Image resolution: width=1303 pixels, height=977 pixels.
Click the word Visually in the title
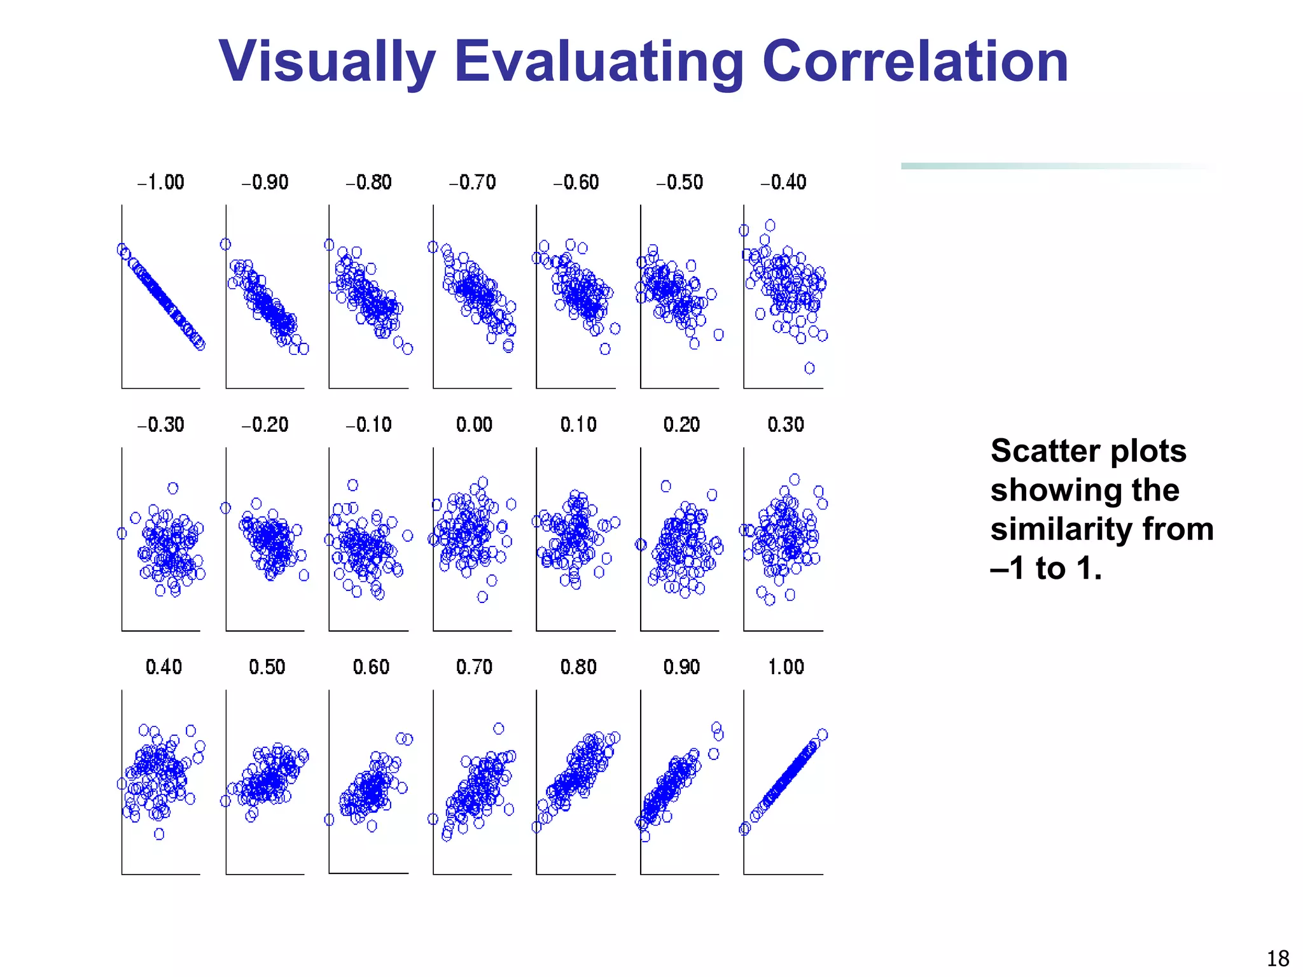click(326, 62)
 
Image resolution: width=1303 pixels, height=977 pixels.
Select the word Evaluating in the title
click(599, 62)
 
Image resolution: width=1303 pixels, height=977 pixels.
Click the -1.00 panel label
click(160, 183)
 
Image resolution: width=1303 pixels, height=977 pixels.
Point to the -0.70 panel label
click(472, 183)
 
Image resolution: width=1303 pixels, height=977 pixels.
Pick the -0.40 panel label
click(783, 183)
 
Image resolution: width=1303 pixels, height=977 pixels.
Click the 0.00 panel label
click(474, 425)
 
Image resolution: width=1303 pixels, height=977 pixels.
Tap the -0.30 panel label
click(160, 425)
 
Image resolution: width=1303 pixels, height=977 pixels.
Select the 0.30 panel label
click(786, 425)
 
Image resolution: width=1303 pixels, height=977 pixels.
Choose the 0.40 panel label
click(164, 667)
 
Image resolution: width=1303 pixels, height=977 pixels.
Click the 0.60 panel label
click(371, 667)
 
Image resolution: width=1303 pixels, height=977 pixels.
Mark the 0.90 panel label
click(681, 667)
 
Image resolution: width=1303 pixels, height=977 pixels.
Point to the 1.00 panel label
click(786, 667)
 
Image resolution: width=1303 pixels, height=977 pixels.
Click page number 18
click(1278, 958)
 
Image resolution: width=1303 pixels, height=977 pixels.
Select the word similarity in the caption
click(1061, 529)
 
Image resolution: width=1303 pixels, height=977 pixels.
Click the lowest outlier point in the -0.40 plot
click(809, 368)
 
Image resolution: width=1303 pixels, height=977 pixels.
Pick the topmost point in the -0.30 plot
click(173, 488)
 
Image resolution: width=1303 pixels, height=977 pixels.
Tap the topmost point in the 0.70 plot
click(499, 728)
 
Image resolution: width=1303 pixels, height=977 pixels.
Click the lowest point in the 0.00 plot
click(482, 597)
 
